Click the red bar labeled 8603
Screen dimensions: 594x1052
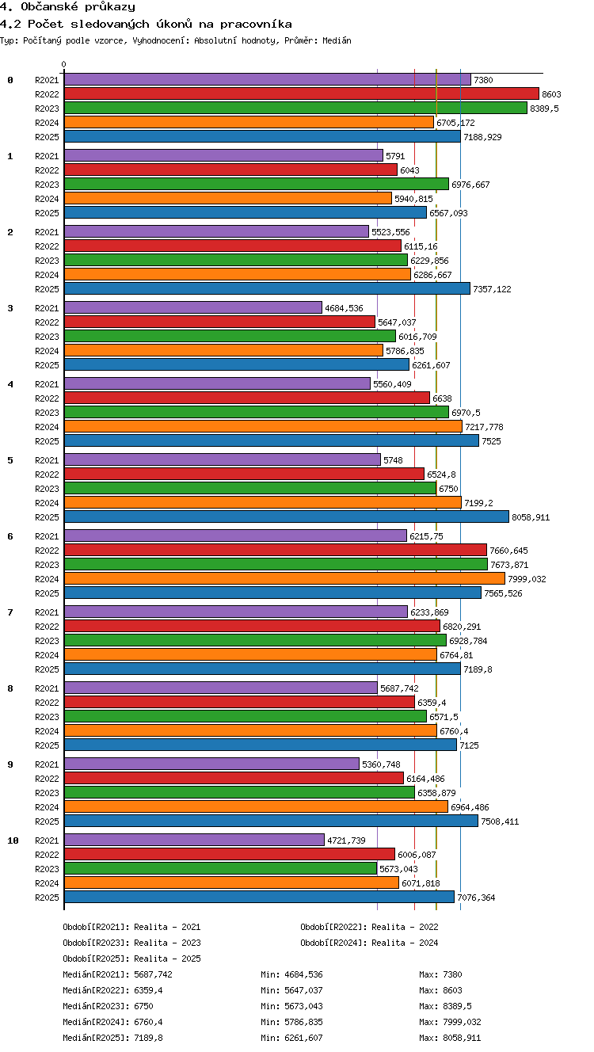[x=302, y=93]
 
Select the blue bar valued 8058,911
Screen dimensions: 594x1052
[x=287, y=516]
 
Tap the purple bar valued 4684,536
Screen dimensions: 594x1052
[x=193, y=307]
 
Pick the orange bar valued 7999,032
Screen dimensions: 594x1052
[x=284, y=578]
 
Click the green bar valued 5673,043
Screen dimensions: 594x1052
[x=220, y=868]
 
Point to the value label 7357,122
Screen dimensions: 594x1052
[x=492, y=289]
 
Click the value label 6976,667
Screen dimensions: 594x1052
[x=470, y=185]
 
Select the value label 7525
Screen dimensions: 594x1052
[x=491, y=441]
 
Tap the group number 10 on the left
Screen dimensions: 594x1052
[x=13, y=840]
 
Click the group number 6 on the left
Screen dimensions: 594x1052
[x=10, y=536]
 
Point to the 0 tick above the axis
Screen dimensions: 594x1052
[x=64, y=64]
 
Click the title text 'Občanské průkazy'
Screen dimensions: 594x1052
[x=78, y=7]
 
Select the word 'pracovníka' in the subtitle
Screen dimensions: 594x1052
[x=256, y=24]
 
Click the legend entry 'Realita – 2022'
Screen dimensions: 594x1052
[x=405, y=927]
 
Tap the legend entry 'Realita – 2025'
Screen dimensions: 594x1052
[x=167, y=959]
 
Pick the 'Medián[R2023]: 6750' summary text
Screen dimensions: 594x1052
[x=108, y=1006]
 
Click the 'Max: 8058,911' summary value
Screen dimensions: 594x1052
[x=450, y=1038]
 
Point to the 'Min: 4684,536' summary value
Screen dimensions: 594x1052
[x=291, y=974]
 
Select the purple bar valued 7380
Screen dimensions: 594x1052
[x=268, y=79]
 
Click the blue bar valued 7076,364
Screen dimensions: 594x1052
[x=259, y=897]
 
